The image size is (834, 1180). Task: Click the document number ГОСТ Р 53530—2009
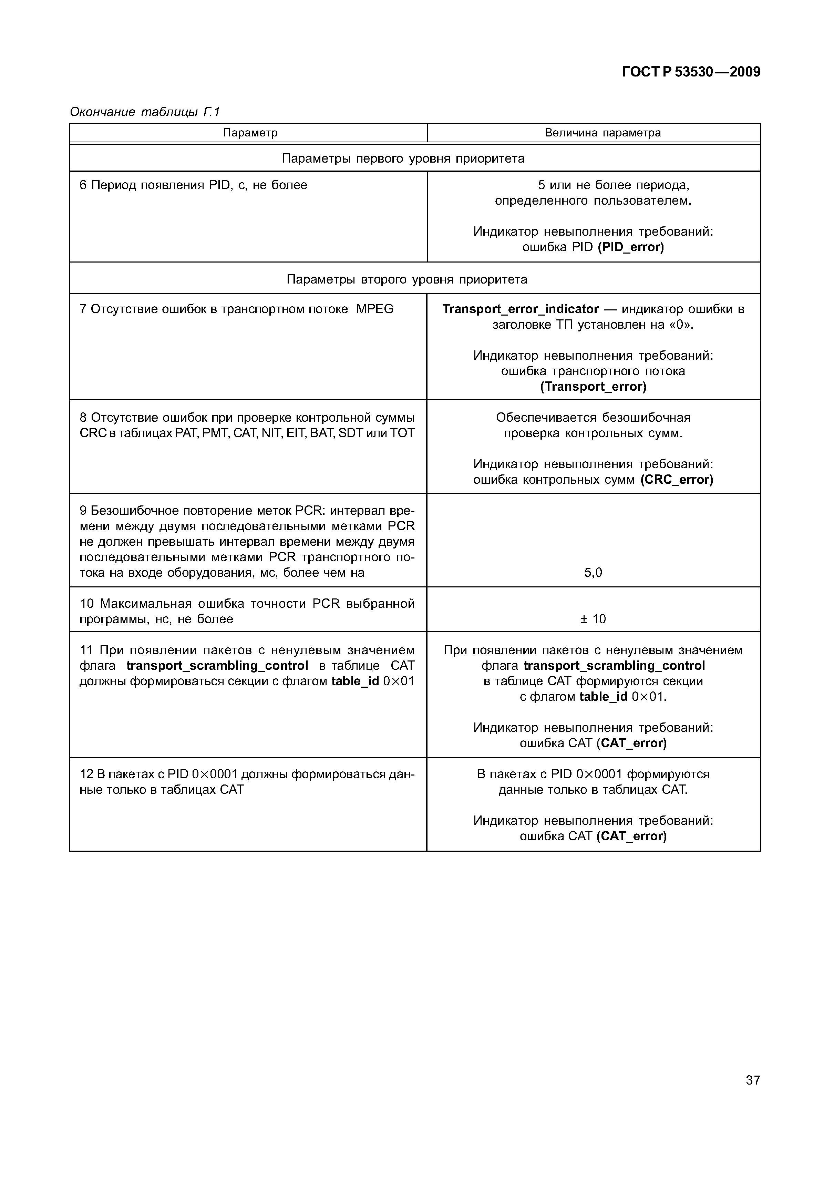(691, 72)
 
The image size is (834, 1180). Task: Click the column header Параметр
(250, 133)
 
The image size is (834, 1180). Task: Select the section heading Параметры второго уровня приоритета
(406, 279)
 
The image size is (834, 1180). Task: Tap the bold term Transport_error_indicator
(521, 309)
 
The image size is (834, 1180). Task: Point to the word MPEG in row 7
(374, 309)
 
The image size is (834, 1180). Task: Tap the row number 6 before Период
(83, 185)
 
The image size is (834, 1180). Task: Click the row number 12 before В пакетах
(85, 774)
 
